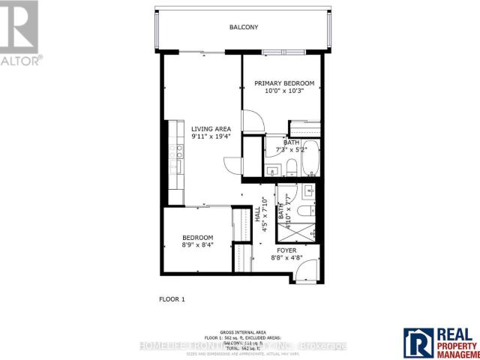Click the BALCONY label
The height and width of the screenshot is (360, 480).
[244, 28]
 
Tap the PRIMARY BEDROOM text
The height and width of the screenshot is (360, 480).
[283, 83]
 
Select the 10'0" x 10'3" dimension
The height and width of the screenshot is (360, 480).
[283, 91]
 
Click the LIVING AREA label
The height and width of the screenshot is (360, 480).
[211, 128]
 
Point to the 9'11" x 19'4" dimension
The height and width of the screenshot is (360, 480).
[211, 137]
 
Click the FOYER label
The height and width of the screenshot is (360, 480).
[286, 250]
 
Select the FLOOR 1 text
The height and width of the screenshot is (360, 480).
[172, 299]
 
